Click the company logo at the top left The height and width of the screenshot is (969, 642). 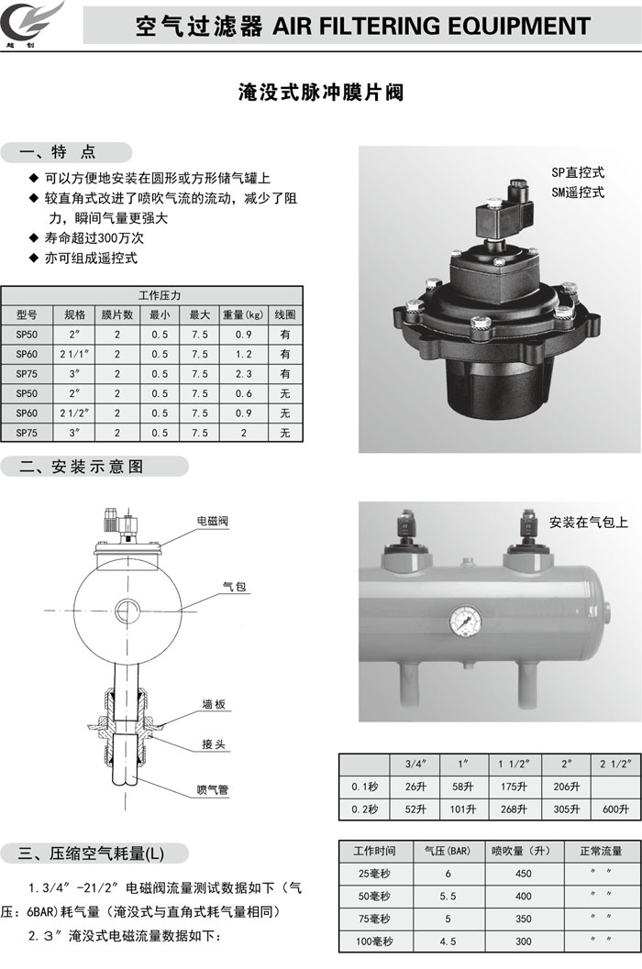[x=32, y=24]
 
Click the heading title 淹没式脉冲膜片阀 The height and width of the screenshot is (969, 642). [x=321, y=93]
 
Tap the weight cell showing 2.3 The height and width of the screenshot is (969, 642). [x=244, y=374]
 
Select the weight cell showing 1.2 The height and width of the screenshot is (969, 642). [x=244, y=354]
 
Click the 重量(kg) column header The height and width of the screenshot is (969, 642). [x=244, y=314]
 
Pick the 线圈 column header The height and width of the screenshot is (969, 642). [x=285, y=314]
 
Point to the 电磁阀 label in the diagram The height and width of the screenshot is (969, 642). [x=213, y=521]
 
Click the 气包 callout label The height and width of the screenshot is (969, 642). [x=235, y=586]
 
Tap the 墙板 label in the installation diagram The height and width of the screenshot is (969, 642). [x=214, y=704]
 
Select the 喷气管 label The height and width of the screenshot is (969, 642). [x=213, y=789]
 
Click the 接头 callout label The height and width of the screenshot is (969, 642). [x=214, y=744]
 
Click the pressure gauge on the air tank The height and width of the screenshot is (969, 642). [x=466, y=621]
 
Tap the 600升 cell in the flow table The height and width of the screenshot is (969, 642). [x=615, y=809]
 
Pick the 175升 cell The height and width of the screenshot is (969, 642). [x=514, y=787]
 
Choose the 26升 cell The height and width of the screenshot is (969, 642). [x=415, y=787]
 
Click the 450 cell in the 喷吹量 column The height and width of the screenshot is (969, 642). [x=524, y=874]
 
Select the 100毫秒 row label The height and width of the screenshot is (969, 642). [x=374, y=941]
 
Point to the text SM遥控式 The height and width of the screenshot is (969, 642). [x=578, y=193]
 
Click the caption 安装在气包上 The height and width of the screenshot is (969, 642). [x=589, y=523]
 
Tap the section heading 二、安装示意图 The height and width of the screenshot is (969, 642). [x=82, y=467]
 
